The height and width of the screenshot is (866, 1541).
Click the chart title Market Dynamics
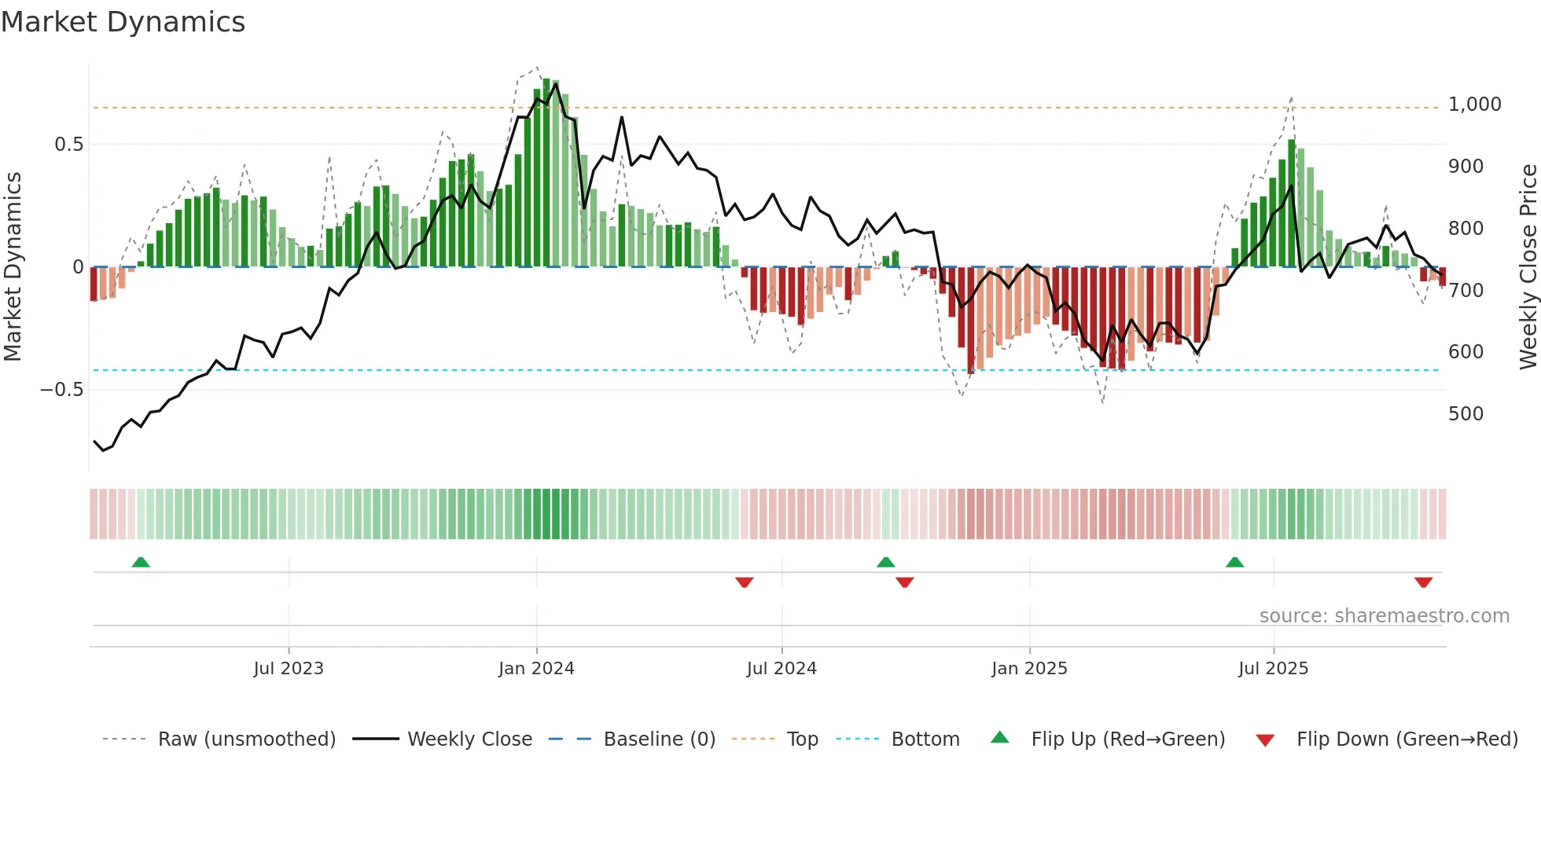pyautogui.click(x=123, y=22)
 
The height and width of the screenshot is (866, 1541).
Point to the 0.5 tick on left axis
pyautogui.click(x=68, y=145)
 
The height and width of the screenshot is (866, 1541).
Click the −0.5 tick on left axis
pyautogui.click(x=61, y=390)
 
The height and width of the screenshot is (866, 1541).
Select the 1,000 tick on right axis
pyautogui.click(x=1474, y=105)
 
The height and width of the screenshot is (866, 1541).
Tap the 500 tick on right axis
pyautogui.click(x=1466, y=414)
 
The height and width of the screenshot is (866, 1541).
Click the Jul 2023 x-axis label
pyautogui.click(x=289, y=669)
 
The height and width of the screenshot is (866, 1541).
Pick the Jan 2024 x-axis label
pyautogui.click(x=536, y=669)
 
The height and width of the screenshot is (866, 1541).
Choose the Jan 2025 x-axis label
pyautogui.click(x=1029, y=669)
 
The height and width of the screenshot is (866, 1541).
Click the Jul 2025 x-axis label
pyautogui.click(x=1273, y=669)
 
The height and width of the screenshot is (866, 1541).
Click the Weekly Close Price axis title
pyautogui.click(x=1528, y=267)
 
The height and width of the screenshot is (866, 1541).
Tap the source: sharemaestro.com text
pyautogui.click(x=1384, y=616)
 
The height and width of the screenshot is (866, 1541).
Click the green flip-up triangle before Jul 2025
pyautogui.click(x=1234, y=563)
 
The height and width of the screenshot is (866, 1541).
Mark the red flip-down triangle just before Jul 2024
pyautogui.click(x=745, y=582)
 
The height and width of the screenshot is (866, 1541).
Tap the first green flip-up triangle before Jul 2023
pyautogui.click(x=141, y=563)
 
